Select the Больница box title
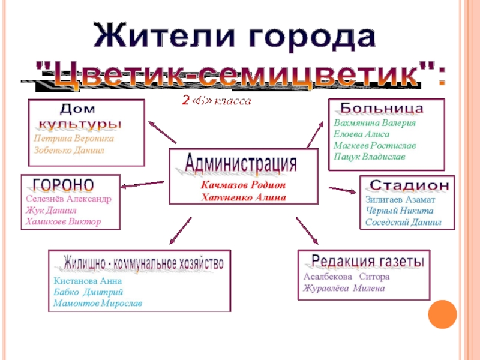[x=382, y=109]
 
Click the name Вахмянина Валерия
[x=374, y=123]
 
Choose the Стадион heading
[x=408, y=185]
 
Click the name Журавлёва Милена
[x=344, y=288]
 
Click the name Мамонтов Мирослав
[x=98, y=304]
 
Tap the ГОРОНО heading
[x=63, y=184]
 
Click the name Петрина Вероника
[x=73, y=138]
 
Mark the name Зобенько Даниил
[x=68, y=150]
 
